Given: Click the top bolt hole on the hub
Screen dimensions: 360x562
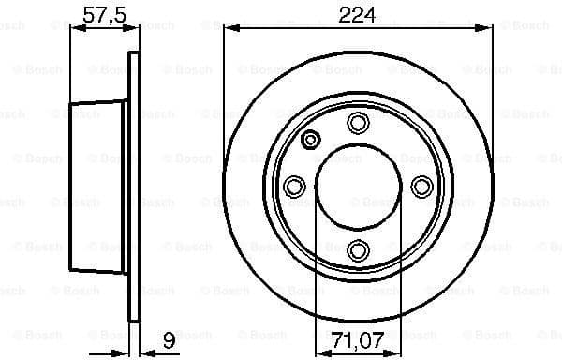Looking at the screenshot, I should (x=358, y=122).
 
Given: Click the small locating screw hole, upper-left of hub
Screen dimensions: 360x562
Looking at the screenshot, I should (x=311, y=141).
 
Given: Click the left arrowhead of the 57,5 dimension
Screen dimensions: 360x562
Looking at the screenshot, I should (x=76, y=31).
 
